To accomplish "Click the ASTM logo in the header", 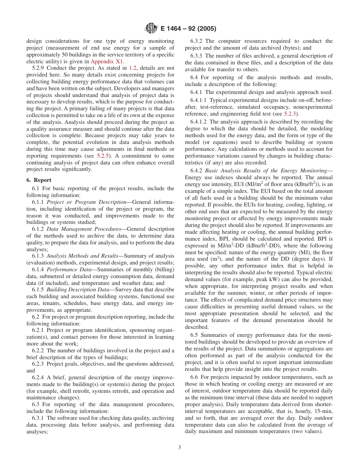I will click(x=151, y=28).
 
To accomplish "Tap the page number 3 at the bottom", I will click(x=180, y=447).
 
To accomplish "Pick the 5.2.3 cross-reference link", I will click(x=291, y=114).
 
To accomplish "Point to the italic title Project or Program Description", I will click(x=86, y=202).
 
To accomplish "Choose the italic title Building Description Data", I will click(x=78, y=290).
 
